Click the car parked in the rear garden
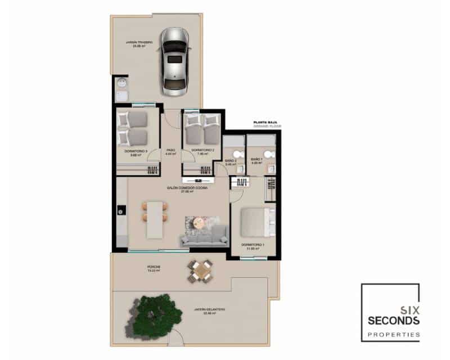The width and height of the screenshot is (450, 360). pyautogui.click(x=175, y=61)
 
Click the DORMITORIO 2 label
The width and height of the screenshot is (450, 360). pyautogui.click(x=201, y=150)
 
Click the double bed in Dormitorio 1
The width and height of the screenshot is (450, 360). pyautogui.click(x=256, y=222)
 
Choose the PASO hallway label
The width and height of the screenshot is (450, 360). pyautogui.click(x=170, y=150)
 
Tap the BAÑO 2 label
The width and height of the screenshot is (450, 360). pyautogui.click(x=231, y=161)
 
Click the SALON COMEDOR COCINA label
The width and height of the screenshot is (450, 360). pyautogui.click(x=186, y=188)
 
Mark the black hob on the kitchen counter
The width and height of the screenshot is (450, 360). pyautogui.click(x=121, y=211)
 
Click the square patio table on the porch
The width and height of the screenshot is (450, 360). pyautogui.click(x=201, y=271)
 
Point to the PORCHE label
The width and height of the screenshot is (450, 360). pyautogui.click(x=154, y=268)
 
